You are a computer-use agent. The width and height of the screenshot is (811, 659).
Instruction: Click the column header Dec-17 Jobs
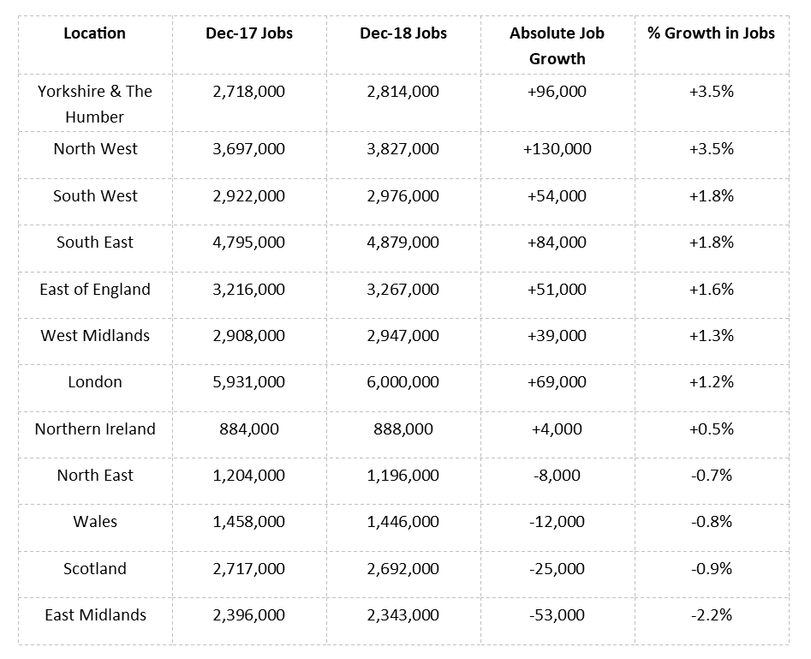point(248,33)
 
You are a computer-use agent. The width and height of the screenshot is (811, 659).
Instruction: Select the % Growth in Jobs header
point(711,33)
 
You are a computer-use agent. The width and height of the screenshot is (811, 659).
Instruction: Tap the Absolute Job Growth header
point(557,45)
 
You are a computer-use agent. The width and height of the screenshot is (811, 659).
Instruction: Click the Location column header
point(94,33)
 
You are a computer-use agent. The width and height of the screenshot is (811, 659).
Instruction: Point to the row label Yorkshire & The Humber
point(94,104)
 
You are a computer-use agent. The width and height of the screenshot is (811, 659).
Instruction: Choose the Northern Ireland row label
point(95,428)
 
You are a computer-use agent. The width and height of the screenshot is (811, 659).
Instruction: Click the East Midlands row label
point(95,614)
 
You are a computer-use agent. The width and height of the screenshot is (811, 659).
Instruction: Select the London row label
point(95,381)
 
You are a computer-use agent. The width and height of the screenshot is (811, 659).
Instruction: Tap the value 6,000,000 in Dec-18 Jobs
point(403,381)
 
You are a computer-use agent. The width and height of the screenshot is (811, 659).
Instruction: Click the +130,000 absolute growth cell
point(557,148)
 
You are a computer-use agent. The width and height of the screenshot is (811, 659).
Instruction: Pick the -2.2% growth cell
point(711,614)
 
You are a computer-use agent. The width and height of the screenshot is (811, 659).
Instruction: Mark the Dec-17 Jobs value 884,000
point(248,428)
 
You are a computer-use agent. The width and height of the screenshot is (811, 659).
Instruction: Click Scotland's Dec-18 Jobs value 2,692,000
point(403,568)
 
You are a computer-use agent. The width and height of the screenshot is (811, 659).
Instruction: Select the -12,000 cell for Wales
point(557,521)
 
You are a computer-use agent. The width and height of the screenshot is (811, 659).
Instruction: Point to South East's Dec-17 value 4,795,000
point(248,242)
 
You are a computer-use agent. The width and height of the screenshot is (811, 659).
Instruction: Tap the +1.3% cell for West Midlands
point(711,335)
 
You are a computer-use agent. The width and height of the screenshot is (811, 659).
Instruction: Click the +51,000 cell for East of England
point(557,289)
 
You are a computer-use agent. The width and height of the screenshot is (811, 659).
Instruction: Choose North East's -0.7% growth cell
point(711,475)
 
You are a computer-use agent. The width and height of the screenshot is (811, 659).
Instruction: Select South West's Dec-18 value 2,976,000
point(403,195)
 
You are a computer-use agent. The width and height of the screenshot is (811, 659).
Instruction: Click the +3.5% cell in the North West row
point(711,148)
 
